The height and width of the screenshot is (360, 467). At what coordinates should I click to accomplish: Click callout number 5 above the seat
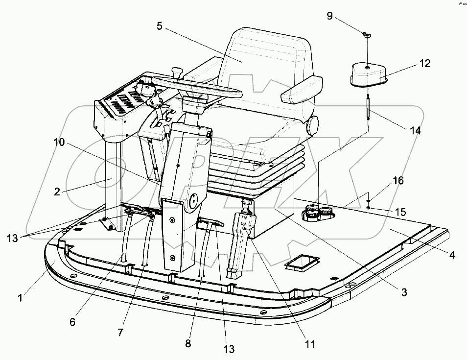160,26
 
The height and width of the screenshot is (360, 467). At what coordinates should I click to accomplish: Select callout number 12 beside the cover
424,63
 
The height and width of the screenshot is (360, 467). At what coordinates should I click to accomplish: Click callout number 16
398,181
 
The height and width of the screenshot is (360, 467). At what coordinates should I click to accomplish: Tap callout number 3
404,292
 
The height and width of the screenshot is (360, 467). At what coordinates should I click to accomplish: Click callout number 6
72,322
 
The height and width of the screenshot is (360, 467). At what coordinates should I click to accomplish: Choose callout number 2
57,192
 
